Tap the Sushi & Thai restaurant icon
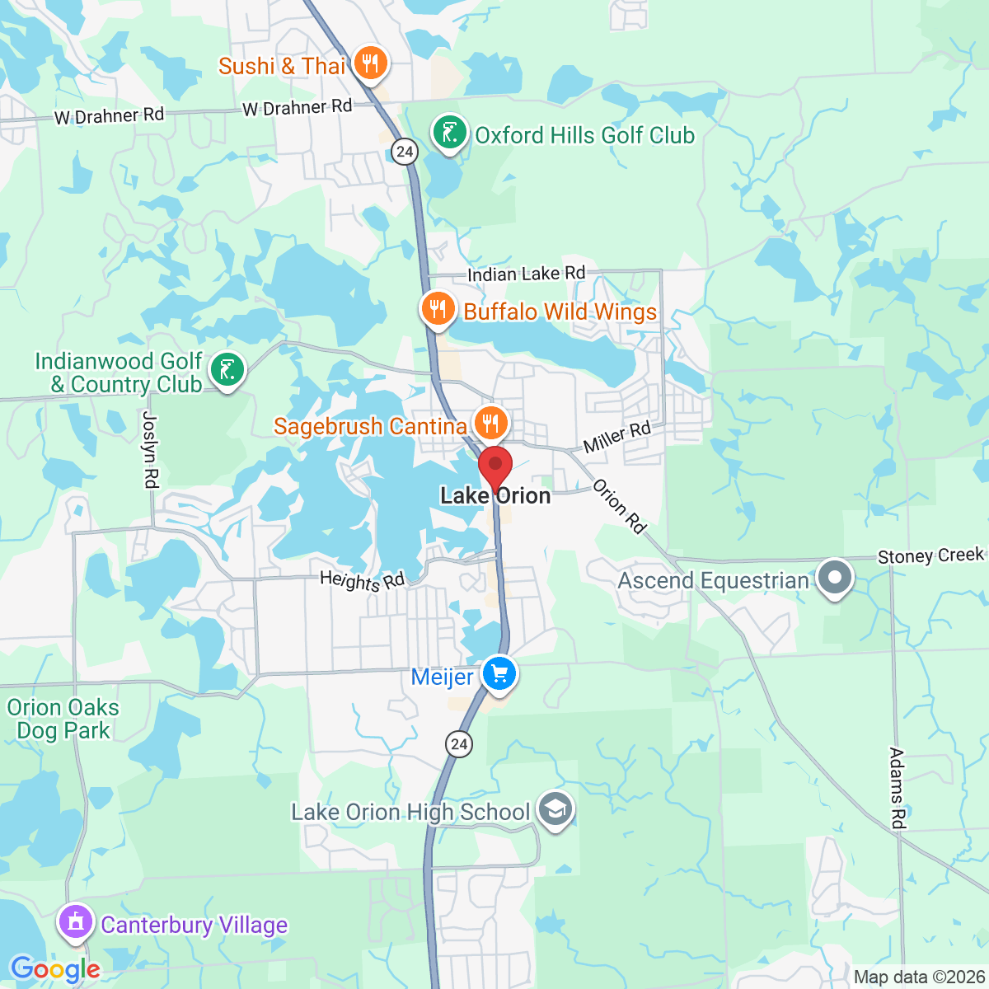click(370, 63)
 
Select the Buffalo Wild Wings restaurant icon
click(438, 309)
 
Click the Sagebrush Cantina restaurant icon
click(490, 424)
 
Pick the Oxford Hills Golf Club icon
click(449, 134)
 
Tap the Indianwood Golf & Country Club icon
click(227, 370)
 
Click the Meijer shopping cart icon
click(499, 674)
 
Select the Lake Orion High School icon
click(555, 810)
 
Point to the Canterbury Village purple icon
click(76, 922)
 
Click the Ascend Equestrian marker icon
click(835, 578)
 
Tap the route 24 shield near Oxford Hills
click(404, 151)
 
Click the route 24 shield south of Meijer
click(459, 744)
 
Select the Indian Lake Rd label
click(527, 274)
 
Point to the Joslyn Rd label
click(151, 449)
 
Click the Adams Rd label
click(898, 788)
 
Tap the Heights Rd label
click(363, 581)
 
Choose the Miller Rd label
click(617, 438)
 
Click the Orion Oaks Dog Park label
click(63, 719)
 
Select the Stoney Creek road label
click(930, 556)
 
